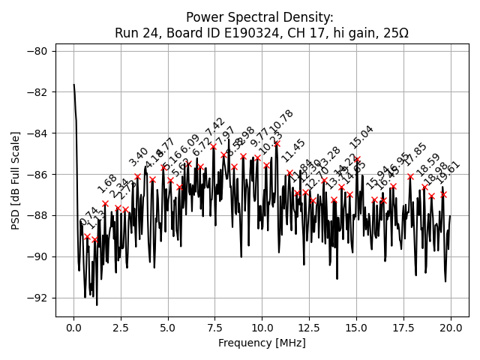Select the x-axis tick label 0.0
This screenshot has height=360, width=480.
tap(73, 328)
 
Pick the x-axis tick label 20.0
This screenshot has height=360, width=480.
tap(450, 328)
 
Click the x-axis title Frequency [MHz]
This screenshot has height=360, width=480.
tap(262, 343)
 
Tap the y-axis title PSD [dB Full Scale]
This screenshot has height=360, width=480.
tap(15, 180)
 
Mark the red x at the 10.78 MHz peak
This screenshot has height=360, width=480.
tap(277, 143)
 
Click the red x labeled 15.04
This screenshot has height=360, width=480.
tap(357, 160)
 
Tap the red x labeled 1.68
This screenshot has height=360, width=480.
tap(105, 203)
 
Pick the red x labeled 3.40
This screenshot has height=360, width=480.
tap(137, 176)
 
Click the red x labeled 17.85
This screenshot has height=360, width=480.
tap(410, 176)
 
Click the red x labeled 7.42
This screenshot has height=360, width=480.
tap(213, 147)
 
